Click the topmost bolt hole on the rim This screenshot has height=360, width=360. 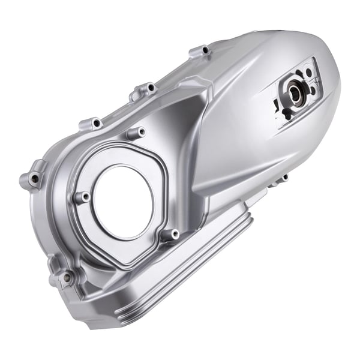point(204,50)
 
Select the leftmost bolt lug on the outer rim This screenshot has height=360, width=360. point(34,178)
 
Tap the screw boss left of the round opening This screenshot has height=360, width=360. point(83,196)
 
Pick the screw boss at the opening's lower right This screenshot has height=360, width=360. point(173,233)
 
